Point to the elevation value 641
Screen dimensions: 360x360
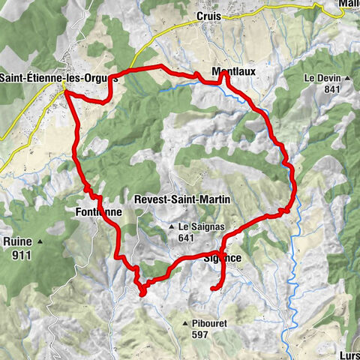[x=187, y=238]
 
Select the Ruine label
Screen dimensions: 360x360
[x=16, y=241]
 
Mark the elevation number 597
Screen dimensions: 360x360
[x=197, y=334]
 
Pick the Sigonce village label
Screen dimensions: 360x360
[x=222, y=259]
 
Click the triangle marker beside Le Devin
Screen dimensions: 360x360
[x=347, y=78]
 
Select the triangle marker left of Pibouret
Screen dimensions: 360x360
[x=184, y=323]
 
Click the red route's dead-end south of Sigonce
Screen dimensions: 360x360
[x=213, y=288]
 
